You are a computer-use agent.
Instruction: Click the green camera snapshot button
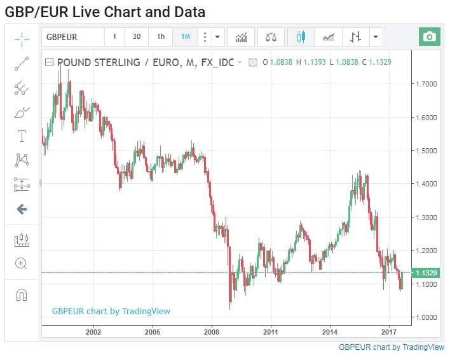pyautogui.click(x=430, y=37)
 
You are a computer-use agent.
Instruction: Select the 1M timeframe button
pyautogui.click(x=186, y=37)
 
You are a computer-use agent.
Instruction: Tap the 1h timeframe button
pyautogui.click(x=161, y=37)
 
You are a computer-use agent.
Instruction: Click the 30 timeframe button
pyautogui.click(x=137, y=37)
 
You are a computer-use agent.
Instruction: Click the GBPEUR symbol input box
pyautogui.click(x=72, y=37)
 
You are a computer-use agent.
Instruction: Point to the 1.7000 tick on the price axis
pyautogui.click(x=425, y=84)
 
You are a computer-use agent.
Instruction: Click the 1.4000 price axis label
pyautogui.click(x=425, y=184)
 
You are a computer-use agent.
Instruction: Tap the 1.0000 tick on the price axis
pyautogui.click(x=425, y=317)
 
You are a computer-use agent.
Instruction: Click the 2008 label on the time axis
pyautogui.click(x=212, y=332)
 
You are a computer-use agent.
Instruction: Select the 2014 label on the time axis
pyautogui.click(x=330, y=332)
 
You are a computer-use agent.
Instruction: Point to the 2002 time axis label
pyautogui.click(x=93, y=332)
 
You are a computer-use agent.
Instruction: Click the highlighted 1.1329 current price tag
pyautogui.click(x=425, y=273)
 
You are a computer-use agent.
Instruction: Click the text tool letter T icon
pyautogui.click(x=22, y=136)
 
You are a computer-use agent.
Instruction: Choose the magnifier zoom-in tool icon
pyautogui.click(x=22, y=263)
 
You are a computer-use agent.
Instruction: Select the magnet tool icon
pyautogui.click(x=22, y=294)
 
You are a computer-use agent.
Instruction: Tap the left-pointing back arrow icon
pyautogui.click(x=22, y=209)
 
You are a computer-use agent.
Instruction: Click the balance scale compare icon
pyautogui.click(x=271, y=37)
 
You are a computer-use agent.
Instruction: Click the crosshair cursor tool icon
pyautogui.click(x=22, y=39)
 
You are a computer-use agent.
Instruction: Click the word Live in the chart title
pyautogui.click(x=89, y=12)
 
